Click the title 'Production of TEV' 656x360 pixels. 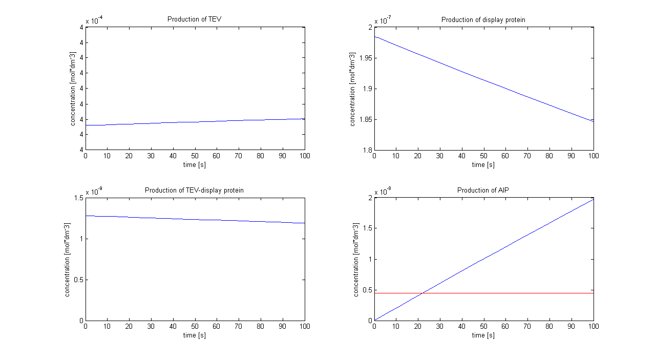tap(194, 19)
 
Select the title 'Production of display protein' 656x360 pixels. tap(483, 20)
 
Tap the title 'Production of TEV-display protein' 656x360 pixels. tap(194, 190)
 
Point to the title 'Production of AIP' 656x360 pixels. tap(483, 190)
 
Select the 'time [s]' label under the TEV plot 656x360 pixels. tap(195, 165)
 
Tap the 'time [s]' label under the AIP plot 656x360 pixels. tap(483, 335)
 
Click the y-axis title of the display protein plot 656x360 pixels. tap(352, 89)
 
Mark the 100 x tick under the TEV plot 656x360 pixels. tap(305, 155)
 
